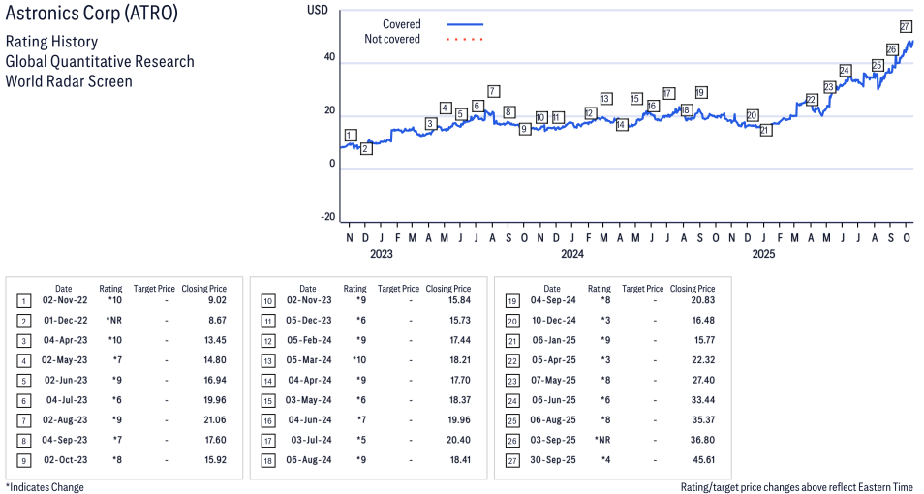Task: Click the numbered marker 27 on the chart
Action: [907, 26]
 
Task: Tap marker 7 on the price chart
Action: [493, 91]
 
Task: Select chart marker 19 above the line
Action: [700, 93]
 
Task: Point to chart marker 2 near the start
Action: [365, 148]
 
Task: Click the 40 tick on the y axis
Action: [329, 58]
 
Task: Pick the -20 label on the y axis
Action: [328, 217]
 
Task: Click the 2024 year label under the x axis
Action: [571, 254]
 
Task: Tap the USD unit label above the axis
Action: [317, 10]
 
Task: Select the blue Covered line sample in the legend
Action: [465, 24]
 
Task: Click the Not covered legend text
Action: [392, 39]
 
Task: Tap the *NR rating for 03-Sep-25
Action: [600, 440]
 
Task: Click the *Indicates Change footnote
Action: [45, 487]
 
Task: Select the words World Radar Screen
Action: [69, 81]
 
